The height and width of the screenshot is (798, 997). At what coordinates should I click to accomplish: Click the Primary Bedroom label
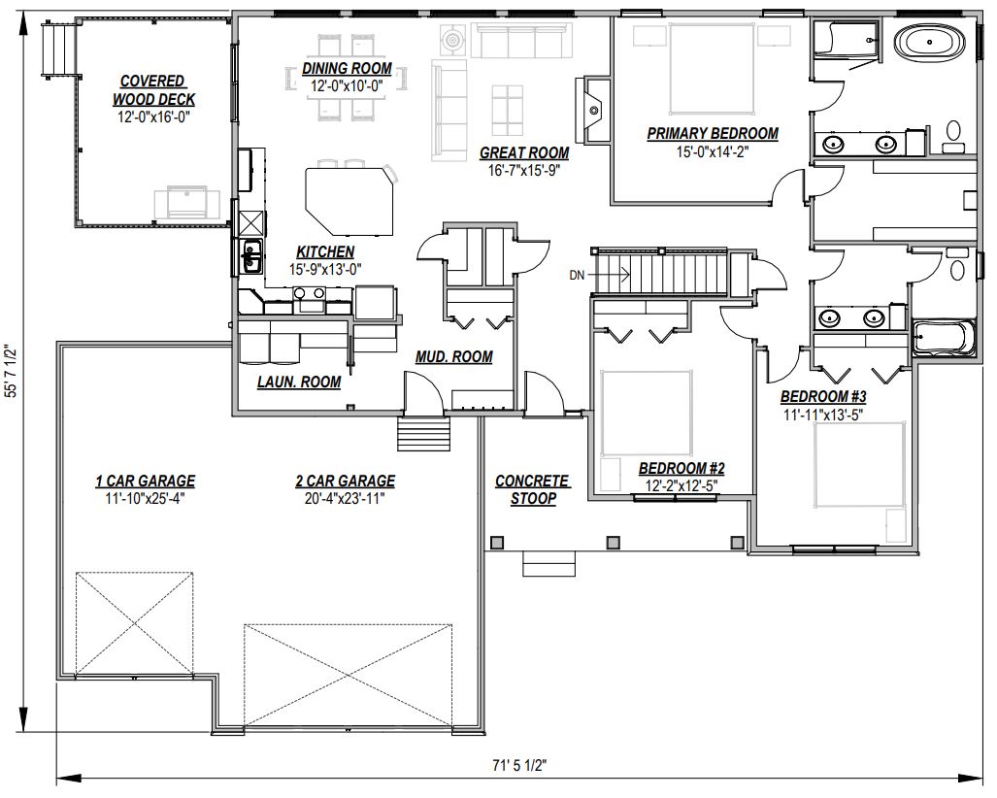713,134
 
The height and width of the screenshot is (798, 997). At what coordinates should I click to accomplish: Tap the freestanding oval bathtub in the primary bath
930,42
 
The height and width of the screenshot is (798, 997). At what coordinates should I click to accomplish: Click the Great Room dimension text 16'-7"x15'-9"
524,170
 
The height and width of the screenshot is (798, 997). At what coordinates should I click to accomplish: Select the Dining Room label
347,69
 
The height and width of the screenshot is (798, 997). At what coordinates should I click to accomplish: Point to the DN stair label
577,276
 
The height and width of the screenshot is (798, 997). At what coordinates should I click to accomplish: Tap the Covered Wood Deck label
153,90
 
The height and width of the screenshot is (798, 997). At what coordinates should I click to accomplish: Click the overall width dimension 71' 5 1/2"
519,765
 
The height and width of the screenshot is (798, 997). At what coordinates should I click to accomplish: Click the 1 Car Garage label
145,482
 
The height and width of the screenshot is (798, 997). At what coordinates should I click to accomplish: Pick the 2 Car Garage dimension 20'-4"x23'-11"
345,499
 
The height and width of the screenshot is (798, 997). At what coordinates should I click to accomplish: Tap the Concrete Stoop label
533,489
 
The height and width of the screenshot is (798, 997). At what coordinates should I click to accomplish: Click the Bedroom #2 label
681,469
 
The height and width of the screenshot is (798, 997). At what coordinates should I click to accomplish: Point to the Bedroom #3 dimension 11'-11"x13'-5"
823,415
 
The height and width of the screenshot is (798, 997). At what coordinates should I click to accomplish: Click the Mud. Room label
454,357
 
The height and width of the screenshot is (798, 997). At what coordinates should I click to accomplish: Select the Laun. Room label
299,382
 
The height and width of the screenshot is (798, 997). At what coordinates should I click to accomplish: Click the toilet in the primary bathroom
952,136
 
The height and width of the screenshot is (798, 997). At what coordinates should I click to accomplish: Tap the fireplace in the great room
592,111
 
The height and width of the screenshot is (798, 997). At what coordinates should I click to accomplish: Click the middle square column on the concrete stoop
613,543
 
